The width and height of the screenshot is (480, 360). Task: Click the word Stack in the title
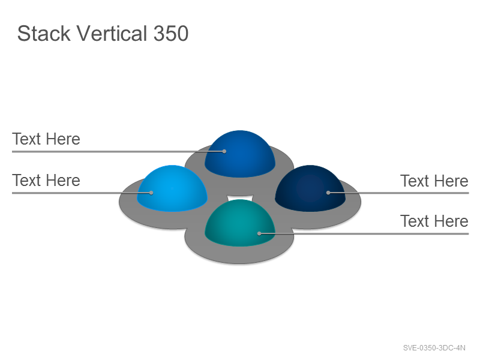click(44, 34)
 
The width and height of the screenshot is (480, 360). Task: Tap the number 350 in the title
click(171, 34)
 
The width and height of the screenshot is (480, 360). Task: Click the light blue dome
click(172, 188)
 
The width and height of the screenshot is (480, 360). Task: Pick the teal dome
click(239, 223)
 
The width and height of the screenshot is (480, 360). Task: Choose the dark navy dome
click(310, 188)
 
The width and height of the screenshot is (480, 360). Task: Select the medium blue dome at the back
click(239, 154)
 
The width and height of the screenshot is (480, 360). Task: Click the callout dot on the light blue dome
click(151, 193)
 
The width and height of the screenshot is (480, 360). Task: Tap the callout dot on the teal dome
click(259, 233)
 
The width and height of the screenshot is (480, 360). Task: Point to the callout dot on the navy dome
click(328, 193)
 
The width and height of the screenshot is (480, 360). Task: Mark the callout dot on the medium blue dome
click(224, 151)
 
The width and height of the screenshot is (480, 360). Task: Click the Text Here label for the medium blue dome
click(46, 139)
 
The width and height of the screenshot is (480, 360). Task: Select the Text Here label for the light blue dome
click(46, 181)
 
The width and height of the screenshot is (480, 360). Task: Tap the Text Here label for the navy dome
click(434, 181)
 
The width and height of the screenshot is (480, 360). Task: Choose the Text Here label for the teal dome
click(434, 221)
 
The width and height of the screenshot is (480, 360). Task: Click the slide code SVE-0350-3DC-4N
click(434, 348)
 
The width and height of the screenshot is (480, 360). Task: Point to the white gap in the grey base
click(240, 197)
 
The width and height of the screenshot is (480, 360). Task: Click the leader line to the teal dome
click(364, 233)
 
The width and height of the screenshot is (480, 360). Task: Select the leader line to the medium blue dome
click(118, 151)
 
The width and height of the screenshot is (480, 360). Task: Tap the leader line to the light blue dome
click(82, 193)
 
